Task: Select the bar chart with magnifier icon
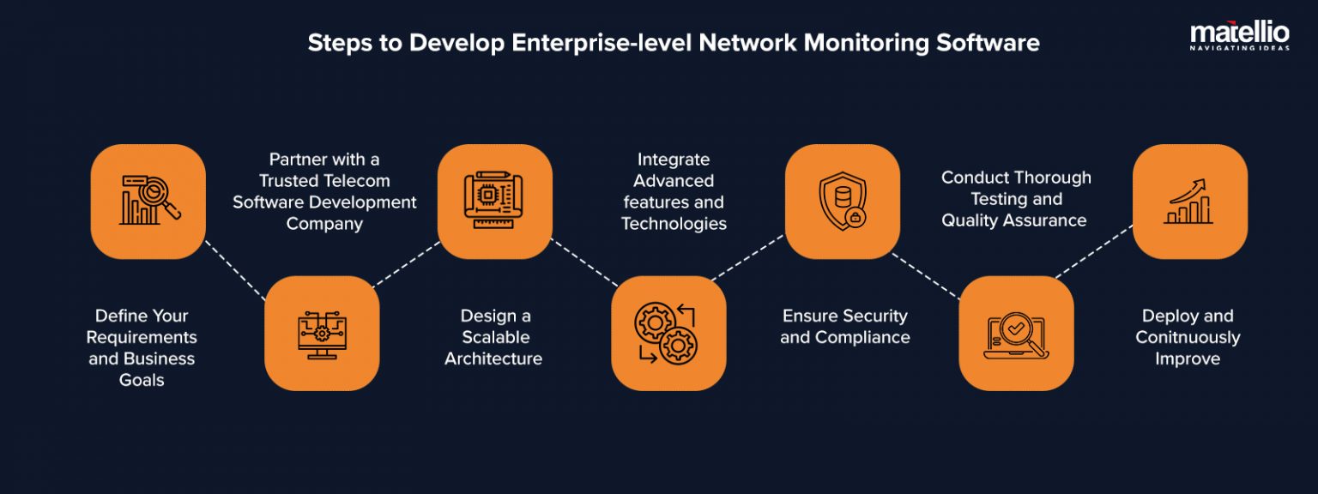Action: [148, 202]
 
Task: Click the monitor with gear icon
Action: [322, 334]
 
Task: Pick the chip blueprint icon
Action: [494, 202]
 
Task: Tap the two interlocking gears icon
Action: [668, 334]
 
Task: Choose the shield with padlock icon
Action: [842, 202]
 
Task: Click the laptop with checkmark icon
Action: [1015, 334]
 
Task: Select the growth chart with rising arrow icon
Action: [1189, 202]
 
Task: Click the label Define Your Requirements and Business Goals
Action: [142, 347]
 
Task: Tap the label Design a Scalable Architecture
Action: [493, 337]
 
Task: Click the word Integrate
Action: [674, 160]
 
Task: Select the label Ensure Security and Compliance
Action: [844, 327]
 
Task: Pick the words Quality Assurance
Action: [1014, 220]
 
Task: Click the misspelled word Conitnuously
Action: [1188, 337]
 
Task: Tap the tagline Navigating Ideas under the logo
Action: [1239, 48]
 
